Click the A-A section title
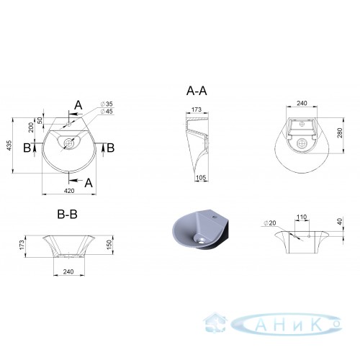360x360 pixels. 197,91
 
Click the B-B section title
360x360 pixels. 68,215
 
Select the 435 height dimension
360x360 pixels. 9,145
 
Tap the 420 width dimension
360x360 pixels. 69,191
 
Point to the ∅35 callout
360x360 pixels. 107,104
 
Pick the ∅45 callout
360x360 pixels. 107,112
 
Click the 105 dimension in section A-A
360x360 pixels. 201,178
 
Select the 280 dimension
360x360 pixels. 340,133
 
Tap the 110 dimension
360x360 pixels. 302,217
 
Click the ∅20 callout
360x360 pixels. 270,223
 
